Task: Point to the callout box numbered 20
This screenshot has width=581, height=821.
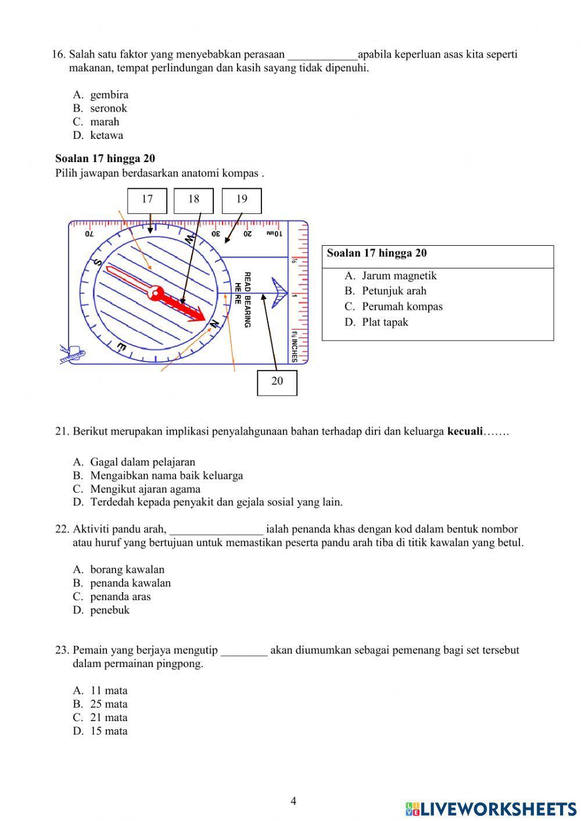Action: (x=277, y=382)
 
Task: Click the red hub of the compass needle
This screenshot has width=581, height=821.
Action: (x=156, y=293)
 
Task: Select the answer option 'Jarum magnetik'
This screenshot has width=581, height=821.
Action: (x=399, y=276)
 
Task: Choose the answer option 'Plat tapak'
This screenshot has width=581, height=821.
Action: (x=385, y=322)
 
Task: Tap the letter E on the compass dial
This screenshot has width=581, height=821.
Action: (x=122, y=347)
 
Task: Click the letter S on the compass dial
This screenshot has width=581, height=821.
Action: (x=98, y=263)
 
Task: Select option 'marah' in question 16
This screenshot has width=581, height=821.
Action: (x=104, y=122)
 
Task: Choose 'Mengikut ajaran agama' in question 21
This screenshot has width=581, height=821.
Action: (x=145, y=489)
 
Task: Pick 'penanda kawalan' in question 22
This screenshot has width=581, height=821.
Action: (x=130, y=583)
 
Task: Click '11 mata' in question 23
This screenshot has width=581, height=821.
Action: (x=109, y=691)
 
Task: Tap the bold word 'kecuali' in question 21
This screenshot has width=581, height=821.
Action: (x=465, y=432)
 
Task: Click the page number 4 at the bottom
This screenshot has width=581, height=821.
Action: (x=293, y=802)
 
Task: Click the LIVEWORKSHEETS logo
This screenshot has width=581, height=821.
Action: (x=491, y=809)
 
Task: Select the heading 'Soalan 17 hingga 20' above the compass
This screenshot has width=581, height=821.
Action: (x=105, y=159)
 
